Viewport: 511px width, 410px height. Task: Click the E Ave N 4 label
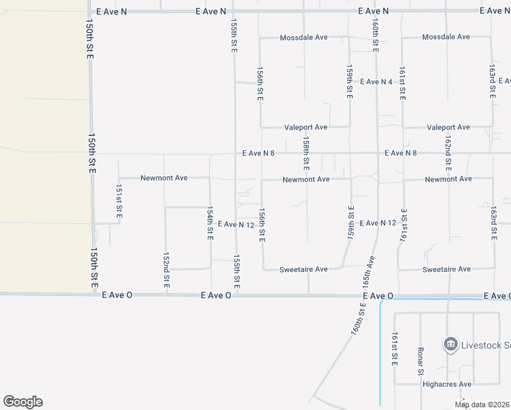tap(376, 82)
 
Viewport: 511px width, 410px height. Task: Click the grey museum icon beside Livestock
tap(450, 343)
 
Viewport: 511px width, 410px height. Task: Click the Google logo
tap(23, 402)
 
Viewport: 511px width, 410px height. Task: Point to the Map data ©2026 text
tap(482, 405)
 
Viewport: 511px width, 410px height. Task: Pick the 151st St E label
tap(119, 202)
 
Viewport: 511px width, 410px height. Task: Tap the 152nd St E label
tap(166, 269)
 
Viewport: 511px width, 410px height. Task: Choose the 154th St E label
tap(210, 223)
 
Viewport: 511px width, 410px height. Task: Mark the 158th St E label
tap(307, 153)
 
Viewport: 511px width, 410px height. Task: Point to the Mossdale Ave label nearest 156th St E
tap(304, 37)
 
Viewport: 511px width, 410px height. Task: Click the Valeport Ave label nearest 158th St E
tap(306, 127)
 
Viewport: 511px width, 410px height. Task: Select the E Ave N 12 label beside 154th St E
tap(236, 224)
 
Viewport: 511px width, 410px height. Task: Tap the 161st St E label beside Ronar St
tap(394, 349)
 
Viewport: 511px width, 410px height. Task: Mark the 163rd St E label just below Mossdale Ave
tap(493, 81)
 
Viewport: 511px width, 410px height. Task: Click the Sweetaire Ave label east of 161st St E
tap(446, 269)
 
